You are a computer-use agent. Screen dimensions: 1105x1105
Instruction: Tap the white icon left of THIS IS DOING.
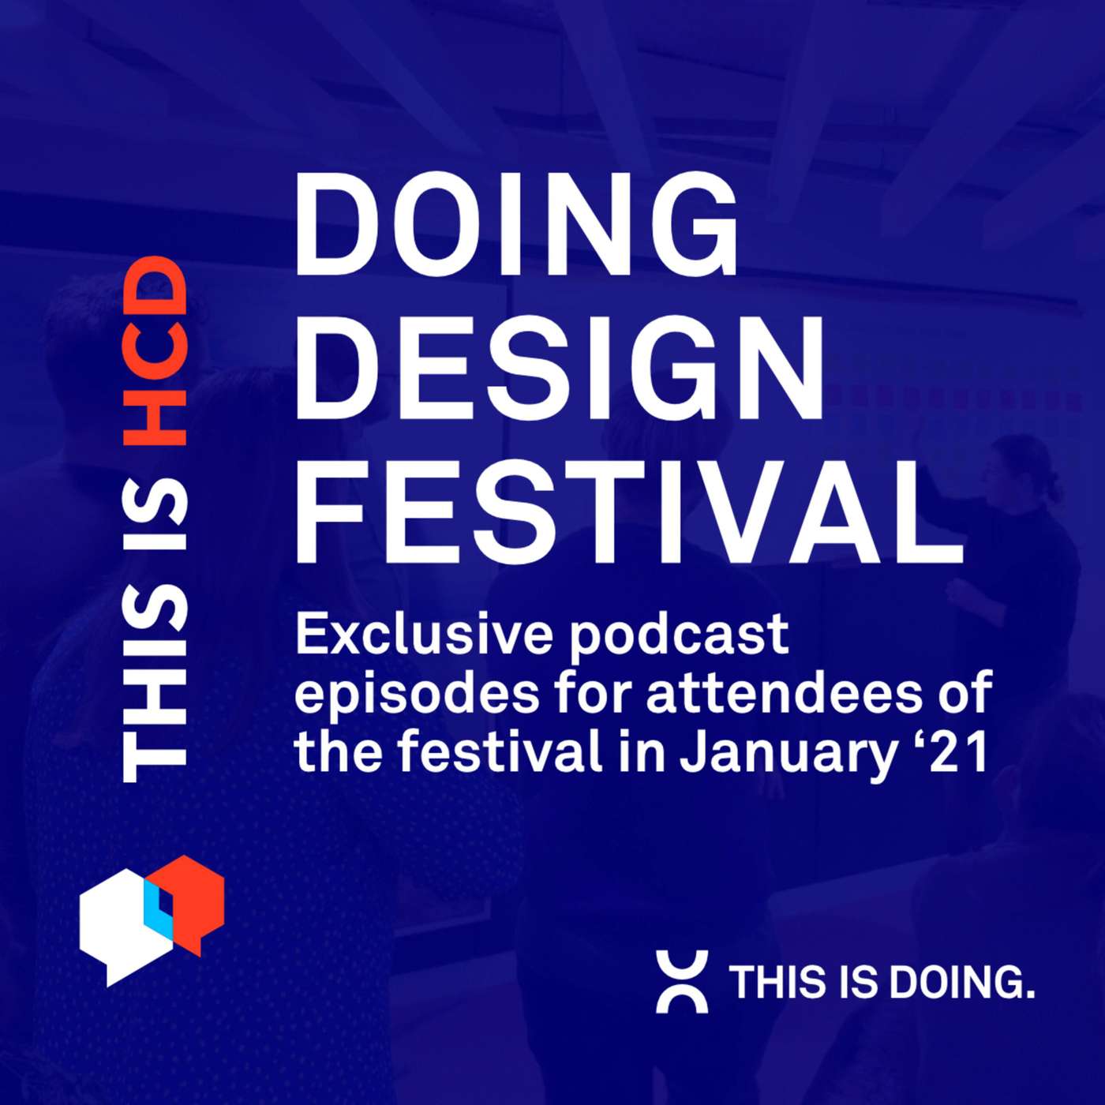[x=682, y=982]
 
